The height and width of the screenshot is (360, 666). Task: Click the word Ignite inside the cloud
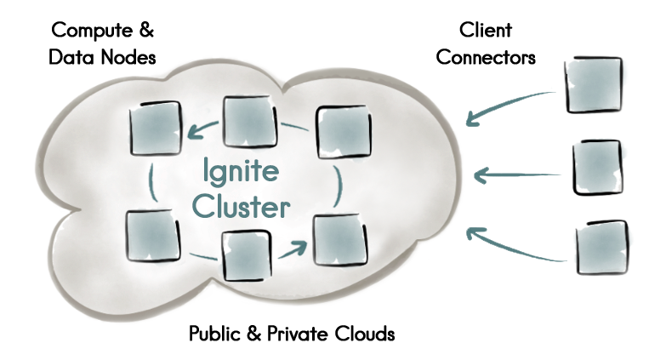[242, 173]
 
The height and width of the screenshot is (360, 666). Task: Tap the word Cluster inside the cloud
[242, 207]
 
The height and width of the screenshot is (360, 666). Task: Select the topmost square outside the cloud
[594, 86]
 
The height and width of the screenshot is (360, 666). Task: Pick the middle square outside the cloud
[597, 168]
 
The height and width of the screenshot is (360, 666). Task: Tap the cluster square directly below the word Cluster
[247, 254]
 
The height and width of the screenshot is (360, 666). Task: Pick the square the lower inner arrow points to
[337, 241]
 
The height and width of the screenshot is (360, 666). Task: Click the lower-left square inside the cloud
[153, 236]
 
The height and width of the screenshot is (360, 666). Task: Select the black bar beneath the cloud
[292, 333]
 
